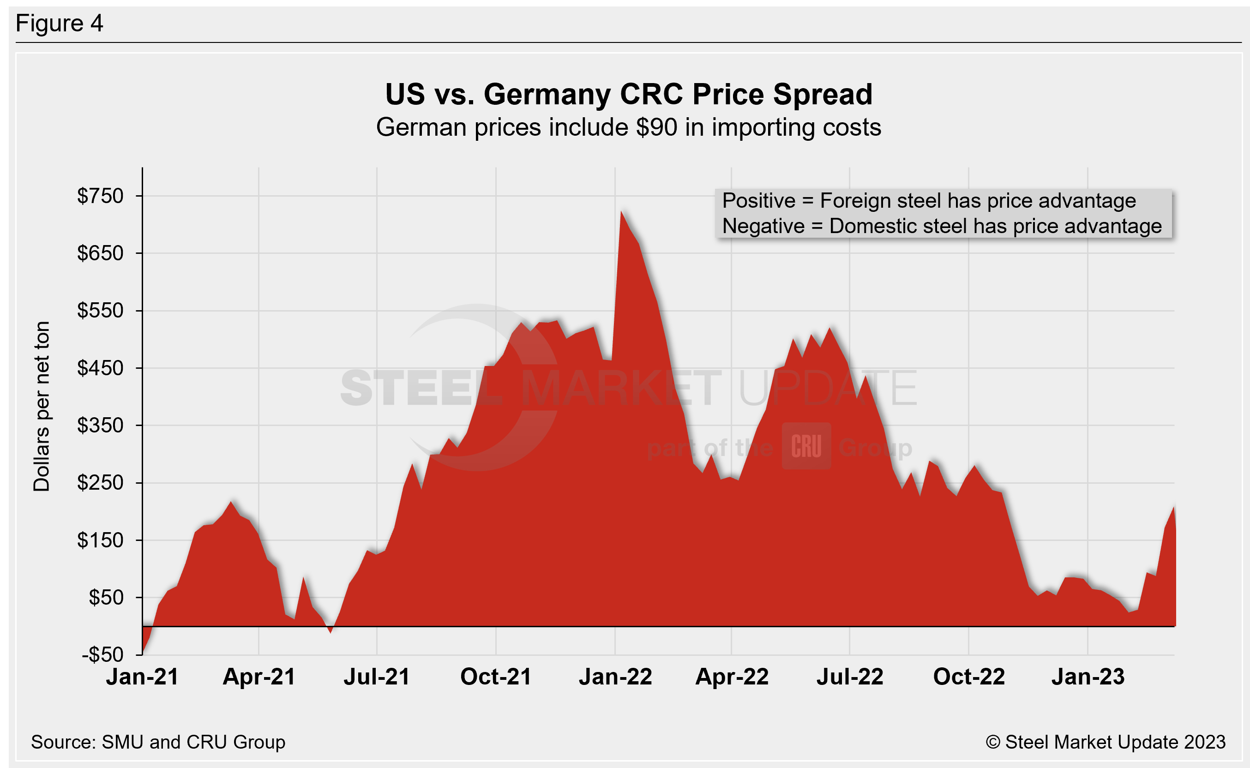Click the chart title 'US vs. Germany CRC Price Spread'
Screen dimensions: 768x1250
click(x=628, y=95)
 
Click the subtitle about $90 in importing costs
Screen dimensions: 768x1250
click(x=628, y=127)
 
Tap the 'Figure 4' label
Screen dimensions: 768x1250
click(x=60, y=24)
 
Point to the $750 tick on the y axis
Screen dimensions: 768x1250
click(x=100, y=196)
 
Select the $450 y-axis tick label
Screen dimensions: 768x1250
click(x=100, y=368)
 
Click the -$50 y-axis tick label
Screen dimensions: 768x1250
click(x=102, y=655)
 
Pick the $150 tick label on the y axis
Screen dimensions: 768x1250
click(x=100, y=540)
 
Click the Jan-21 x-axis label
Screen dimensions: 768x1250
click(x=142, y=677)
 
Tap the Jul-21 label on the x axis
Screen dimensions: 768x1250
click(x=376, y=677)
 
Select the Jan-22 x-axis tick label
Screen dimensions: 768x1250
click(x=615, y=677)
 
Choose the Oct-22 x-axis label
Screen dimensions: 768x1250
click(x=968, y=677)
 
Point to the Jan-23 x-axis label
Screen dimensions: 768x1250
click(x=1088, y=677)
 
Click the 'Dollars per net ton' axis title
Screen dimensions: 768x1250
click(x=42, y=406)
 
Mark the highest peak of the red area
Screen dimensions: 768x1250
click(x=622, y=212)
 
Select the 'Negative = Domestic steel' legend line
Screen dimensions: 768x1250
click(x=942, y=227)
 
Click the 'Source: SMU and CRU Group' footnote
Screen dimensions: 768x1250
click(x=158, y=742)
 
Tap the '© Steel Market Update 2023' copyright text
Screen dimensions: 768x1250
click(x=1105, y=742)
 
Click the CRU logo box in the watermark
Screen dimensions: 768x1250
click(x=806, y=446)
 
